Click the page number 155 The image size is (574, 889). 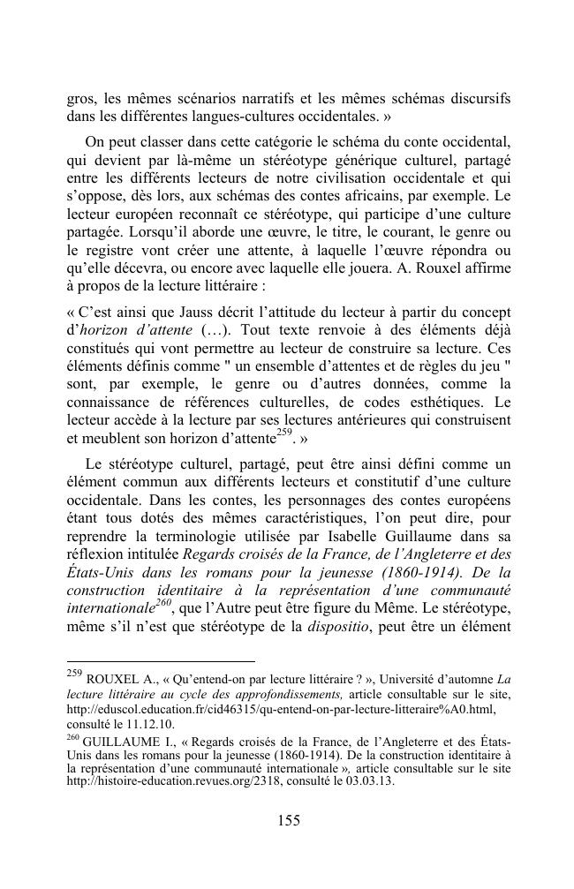tap(289, 820)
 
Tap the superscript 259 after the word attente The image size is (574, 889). tap(284, 430)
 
